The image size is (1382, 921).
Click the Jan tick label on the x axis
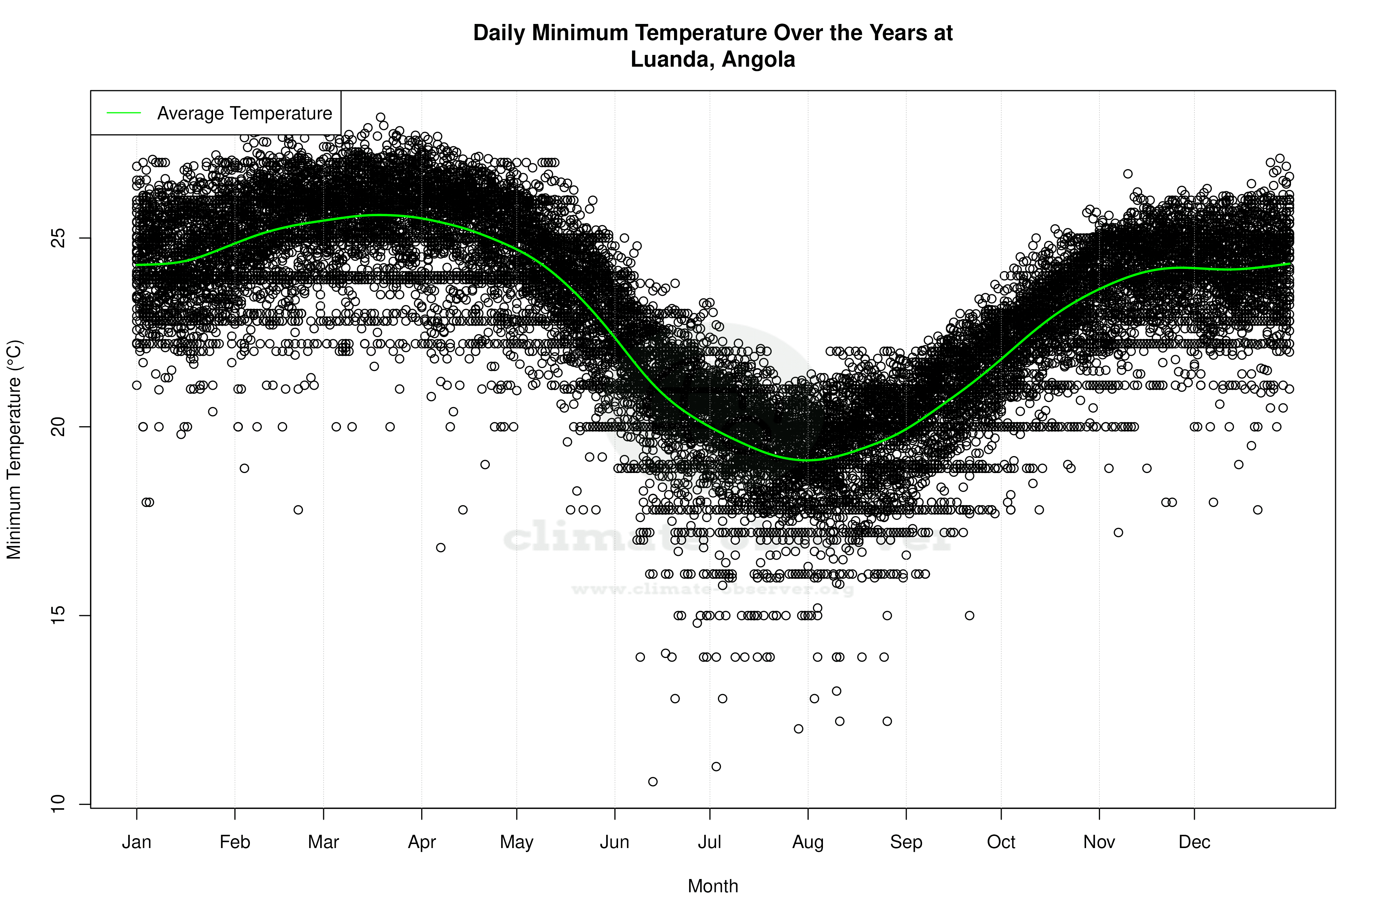click(136, 842)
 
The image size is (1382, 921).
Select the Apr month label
click(422, 842)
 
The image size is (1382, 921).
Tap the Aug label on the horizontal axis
click(808, 842)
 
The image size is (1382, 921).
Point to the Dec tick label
click(1194, 842)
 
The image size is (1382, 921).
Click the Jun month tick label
click(615, 842)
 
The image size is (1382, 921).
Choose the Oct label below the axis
click(1001, 842)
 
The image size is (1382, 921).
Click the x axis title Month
click(713, 886)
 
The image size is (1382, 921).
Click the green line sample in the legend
click(124, 113)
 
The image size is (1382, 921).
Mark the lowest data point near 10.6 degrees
click(653, 781)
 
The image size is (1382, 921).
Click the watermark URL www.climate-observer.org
click(713, 589)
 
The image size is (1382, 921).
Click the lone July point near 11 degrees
click(716, 767)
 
